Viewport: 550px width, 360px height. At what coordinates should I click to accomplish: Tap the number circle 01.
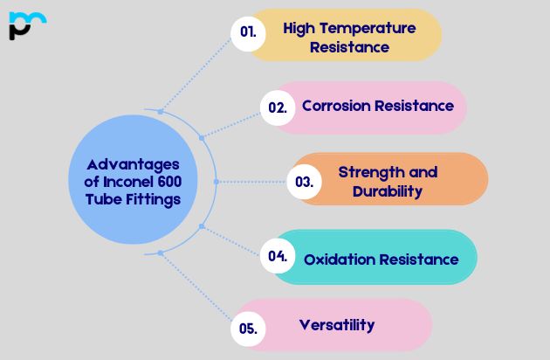(248, 33)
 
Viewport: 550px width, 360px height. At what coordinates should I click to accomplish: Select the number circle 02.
(277, 107)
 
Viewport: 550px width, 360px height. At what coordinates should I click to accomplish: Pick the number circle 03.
(304, 182)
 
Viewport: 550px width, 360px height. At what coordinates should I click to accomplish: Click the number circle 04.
(278, 256)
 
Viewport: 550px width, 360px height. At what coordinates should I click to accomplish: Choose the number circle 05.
(247, 329)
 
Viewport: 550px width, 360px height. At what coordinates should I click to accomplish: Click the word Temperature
(368, 28)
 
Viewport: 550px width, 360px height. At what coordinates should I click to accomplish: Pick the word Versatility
(337, 325)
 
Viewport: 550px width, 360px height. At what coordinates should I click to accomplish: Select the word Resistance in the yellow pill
(349, 47)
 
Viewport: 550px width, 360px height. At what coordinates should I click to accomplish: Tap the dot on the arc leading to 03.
(217, 182)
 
